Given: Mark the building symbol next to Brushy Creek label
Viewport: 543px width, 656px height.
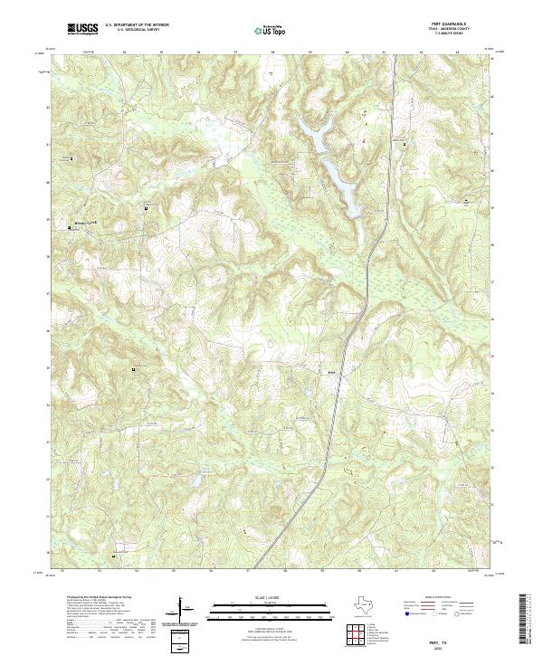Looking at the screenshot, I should pos(71,229).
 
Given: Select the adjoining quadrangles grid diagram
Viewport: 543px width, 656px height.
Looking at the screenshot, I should pos(358,631).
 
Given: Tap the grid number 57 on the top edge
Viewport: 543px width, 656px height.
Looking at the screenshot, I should pos(235,52).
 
